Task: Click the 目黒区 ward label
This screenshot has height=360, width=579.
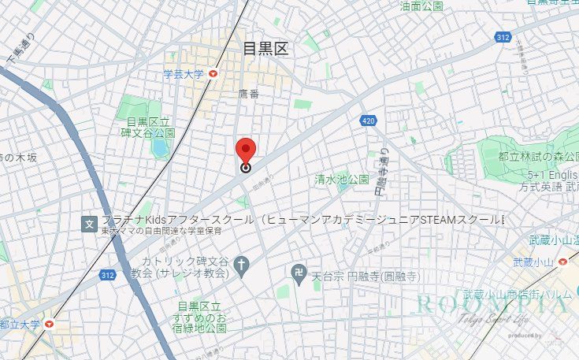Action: coord(265,49)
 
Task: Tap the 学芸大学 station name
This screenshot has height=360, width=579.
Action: coord(183,75)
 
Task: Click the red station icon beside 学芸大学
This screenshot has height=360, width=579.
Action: coord(213,75)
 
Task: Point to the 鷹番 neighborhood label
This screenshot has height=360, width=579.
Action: coord(248,94)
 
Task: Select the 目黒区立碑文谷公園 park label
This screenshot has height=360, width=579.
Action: coord(150,128)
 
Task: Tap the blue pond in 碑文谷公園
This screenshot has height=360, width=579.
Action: coord(161,147)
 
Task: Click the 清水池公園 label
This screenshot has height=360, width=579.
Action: coord(341,179)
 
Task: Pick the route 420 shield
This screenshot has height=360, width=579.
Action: coord(368,121)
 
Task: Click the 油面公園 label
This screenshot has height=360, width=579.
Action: coord(421,6)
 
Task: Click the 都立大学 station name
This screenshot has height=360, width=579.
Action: coord(20,324)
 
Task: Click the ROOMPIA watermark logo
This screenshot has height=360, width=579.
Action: coord(492,304)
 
